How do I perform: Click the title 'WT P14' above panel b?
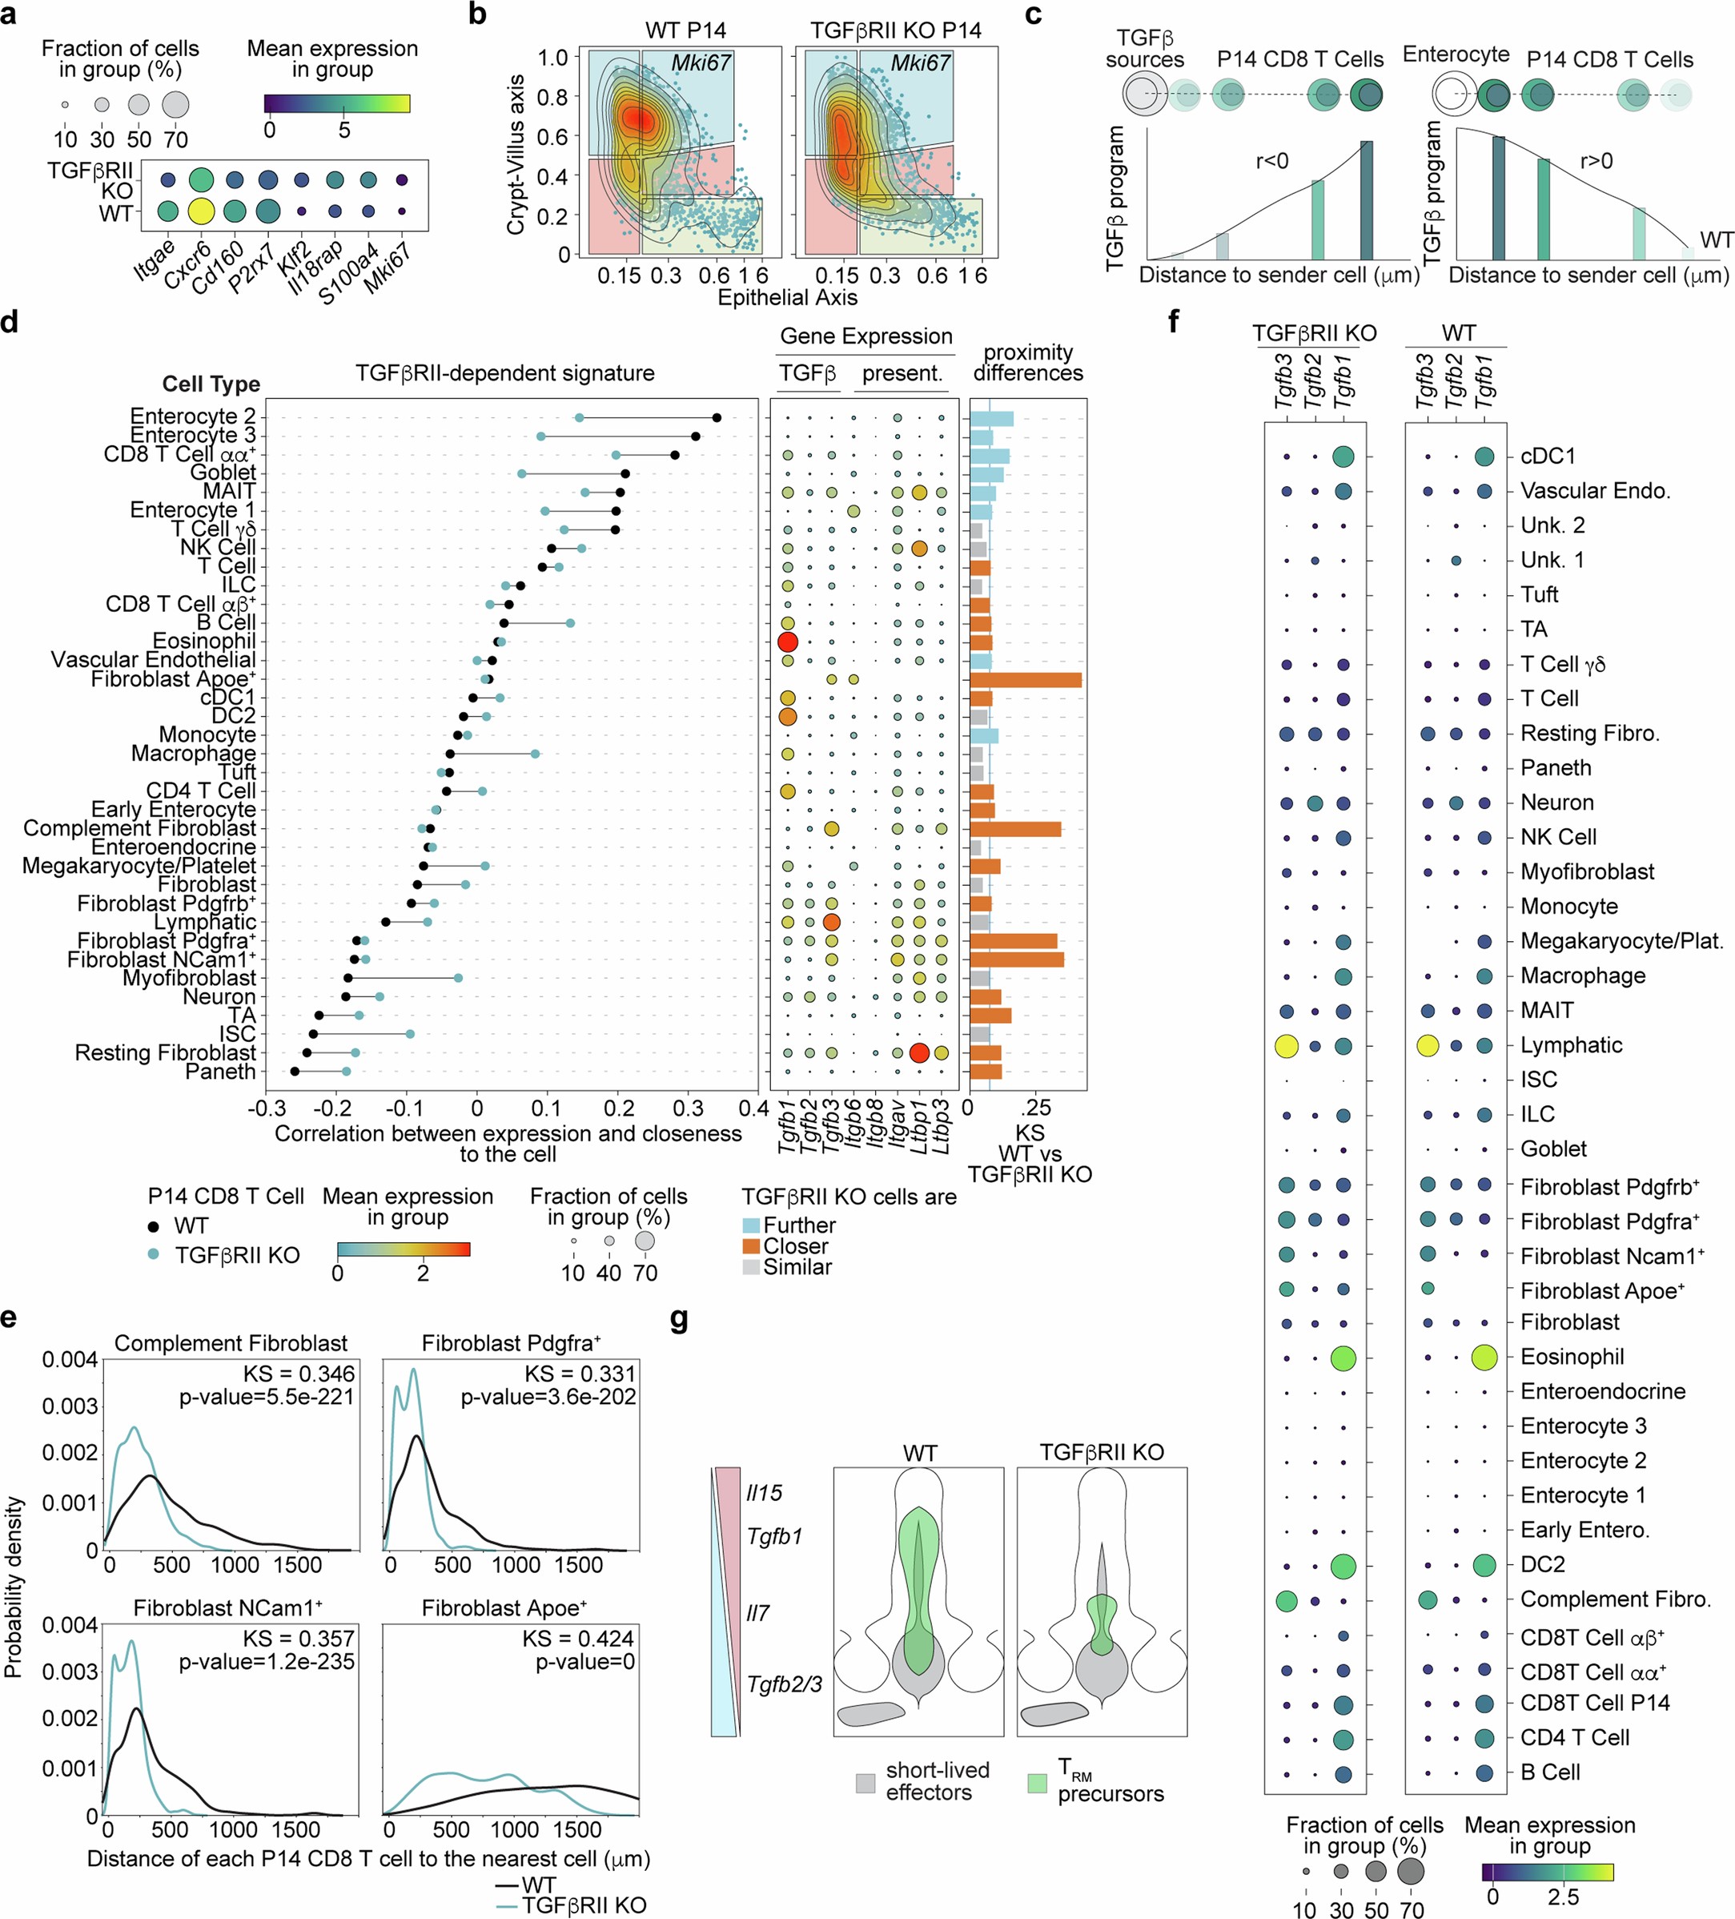coord(685,30)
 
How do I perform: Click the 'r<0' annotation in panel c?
coord(1271,161)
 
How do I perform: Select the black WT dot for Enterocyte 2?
coord(717,417)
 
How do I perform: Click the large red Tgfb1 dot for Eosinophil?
coord(787,642)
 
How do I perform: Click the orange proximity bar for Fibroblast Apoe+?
coord(1025,680)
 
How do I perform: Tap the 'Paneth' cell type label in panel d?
coord(221,1072)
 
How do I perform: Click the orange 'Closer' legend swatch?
coord(751,1246)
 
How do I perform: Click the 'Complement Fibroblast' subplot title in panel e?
coord(231,1343)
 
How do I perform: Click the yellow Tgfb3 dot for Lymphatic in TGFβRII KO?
coord(1286,1046)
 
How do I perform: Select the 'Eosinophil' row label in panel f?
coord(1572,1357)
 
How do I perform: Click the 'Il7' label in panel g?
coord(757,1613)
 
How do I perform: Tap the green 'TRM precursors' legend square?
coord(1038,1782)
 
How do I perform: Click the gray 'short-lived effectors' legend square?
coord(865,1782)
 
